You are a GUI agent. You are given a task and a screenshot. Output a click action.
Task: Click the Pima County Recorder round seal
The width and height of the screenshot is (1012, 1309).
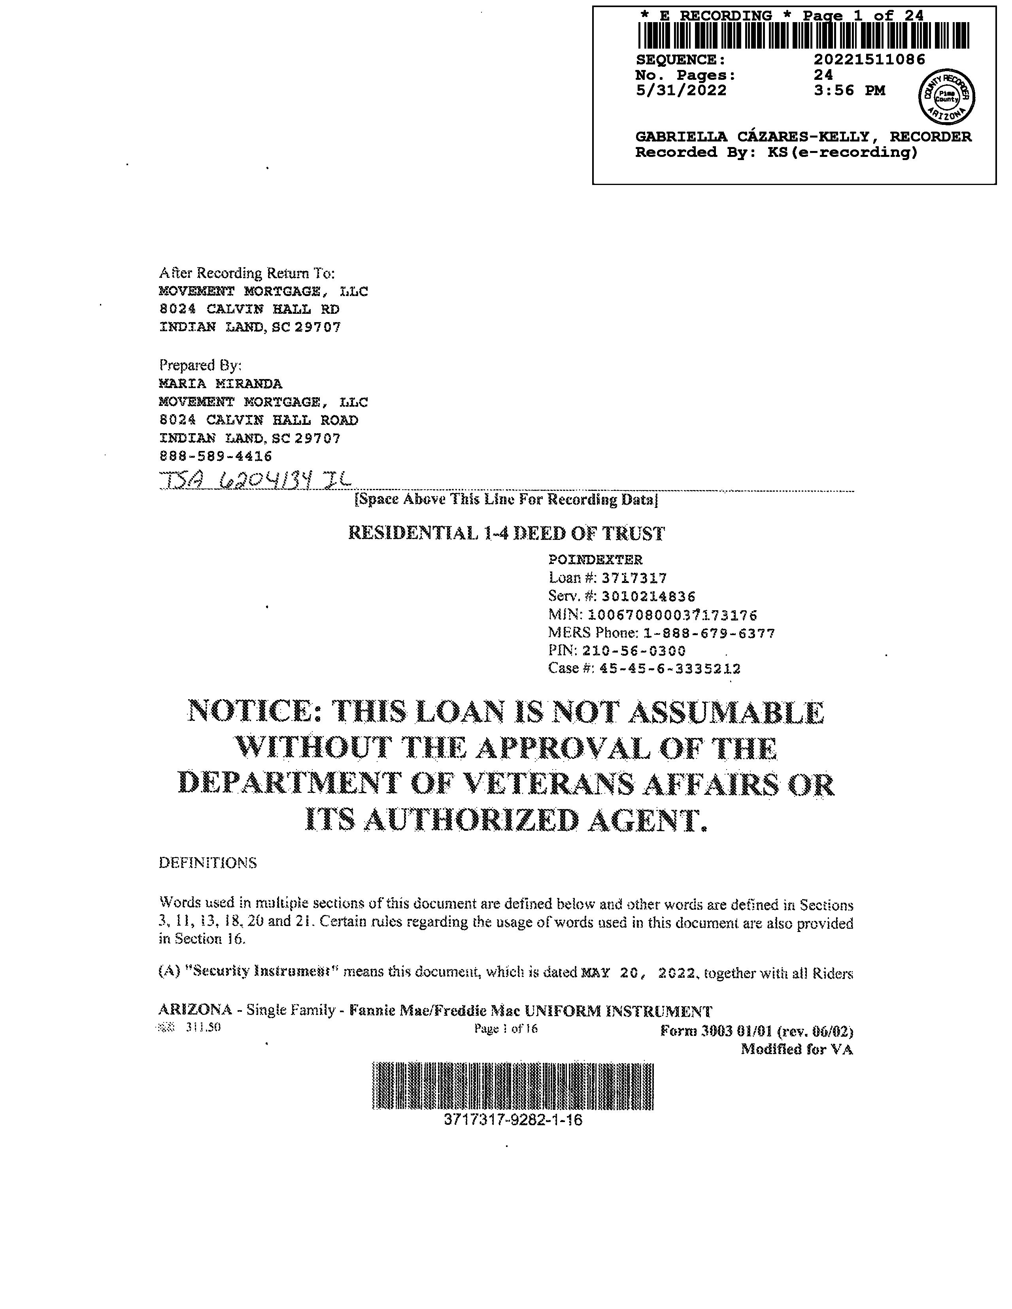pyautogui.click(x=947, y=96)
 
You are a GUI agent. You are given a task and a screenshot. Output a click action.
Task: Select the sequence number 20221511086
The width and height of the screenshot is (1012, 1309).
pyautogui.click(x=869, y=59)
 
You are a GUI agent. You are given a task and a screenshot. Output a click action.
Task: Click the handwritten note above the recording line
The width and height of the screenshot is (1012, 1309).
pyautogui.click(x=255, y=480)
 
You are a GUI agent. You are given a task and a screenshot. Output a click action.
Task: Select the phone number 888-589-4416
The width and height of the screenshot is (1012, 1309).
pyautogui.click(x=216, y=456)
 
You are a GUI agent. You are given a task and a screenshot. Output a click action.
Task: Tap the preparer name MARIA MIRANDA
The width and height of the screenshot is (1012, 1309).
pyautogui.click(x=220, y=384)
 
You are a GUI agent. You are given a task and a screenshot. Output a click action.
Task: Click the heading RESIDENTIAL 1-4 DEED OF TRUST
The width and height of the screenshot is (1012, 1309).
pyautogui.click(x=507, y=534)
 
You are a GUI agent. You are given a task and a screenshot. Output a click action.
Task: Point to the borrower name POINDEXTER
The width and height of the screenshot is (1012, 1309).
pyautogui.click(x=595, y=560)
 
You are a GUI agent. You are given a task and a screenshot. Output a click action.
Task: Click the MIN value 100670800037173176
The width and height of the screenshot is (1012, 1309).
pyautogui.click(x=673, y=615)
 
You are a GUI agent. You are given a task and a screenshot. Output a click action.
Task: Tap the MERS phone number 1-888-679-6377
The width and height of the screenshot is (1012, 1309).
pyautogui.click(x=709, y=633)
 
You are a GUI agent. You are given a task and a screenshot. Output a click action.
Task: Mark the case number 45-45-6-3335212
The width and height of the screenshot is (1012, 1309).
pyautogui.click(x=670, y=668)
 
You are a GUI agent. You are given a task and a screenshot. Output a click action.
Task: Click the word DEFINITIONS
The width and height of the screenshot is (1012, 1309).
pyautogui.click(x=208, y=863)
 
